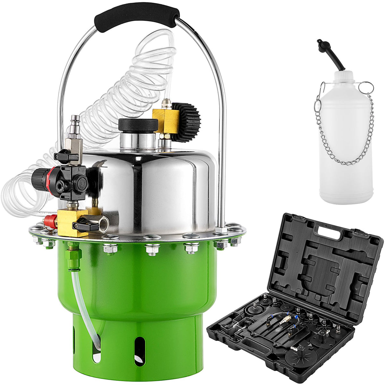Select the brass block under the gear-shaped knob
tap(165, 119)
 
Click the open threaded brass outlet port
tap(103, 225)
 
